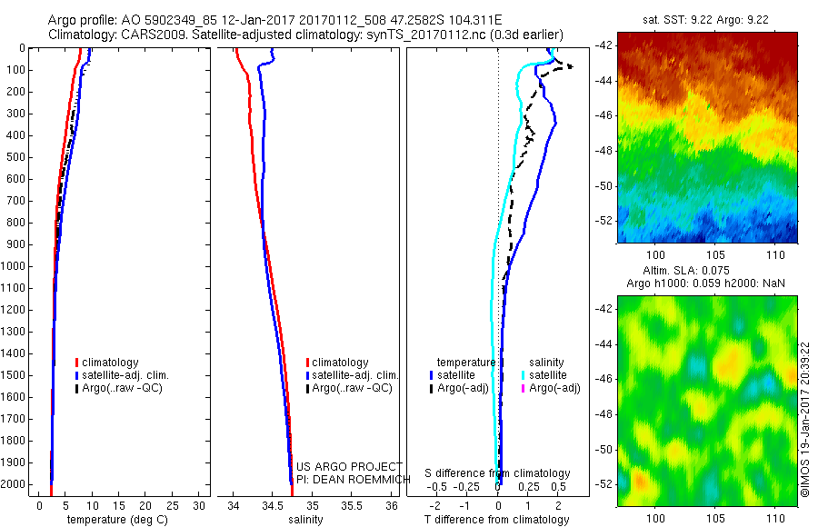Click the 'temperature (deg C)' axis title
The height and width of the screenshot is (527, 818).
pyautogui.click(x=115, y=520)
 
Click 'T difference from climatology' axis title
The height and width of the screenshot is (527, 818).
pyautogui.click(x=498, y=520)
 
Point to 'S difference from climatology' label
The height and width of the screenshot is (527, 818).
pyautogui.click(x=498, y=474)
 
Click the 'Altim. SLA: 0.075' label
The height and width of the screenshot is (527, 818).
pyautogui.click(x=706, y=272)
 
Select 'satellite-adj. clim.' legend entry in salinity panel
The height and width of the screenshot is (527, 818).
pyautogui.click(x=354, y=375)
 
